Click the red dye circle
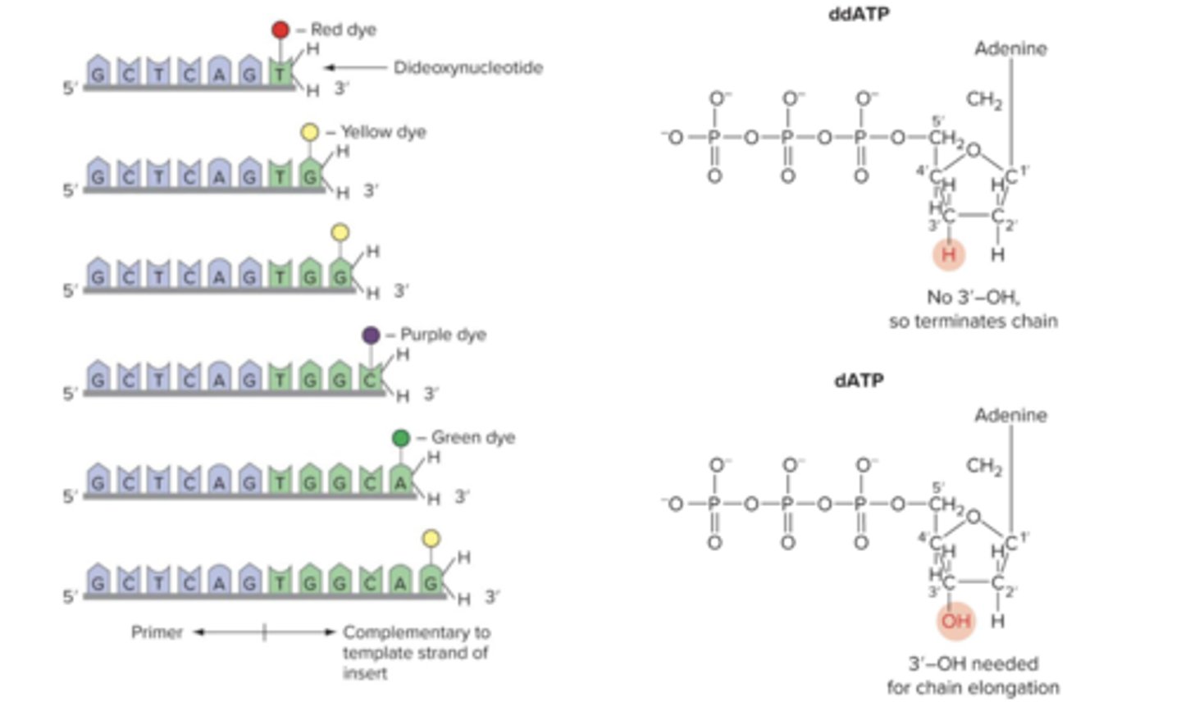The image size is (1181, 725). (x=280, y=30)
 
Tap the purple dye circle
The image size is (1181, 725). (x=371, y=335)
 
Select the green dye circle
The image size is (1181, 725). (x=400, y=438)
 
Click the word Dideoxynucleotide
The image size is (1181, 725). (x=467, y=67)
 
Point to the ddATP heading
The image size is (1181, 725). (x=859, y=14)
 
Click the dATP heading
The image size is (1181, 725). (x=859, y=381)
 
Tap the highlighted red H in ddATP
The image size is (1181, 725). (x=949, y=254)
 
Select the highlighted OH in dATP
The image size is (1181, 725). (x=955, y=621)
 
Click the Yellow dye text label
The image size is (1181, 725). (x=383, y=132)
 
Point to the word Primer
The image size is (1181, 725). (x=157, y=632)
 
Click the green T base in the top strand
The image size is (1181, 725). (x=280, y=74)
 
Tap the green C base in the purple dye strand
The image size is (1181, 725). (x=371, y=380)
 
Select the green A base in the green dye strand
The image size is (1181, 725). (x=400, y=483)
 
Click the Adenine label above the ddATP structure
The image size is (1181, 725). (x=1010, y=48)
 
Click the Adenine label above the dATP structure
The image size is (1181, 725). (x=1010, y=415)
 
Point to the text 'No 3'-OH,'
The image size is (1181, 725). (x=973, y=297)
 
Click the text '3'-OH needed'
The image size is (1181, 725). (x=973, y=663)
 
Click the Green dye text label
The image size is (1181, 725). (x=473, y=438)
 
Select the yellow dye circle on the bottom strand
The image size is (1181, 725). (x=431, y=539)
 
